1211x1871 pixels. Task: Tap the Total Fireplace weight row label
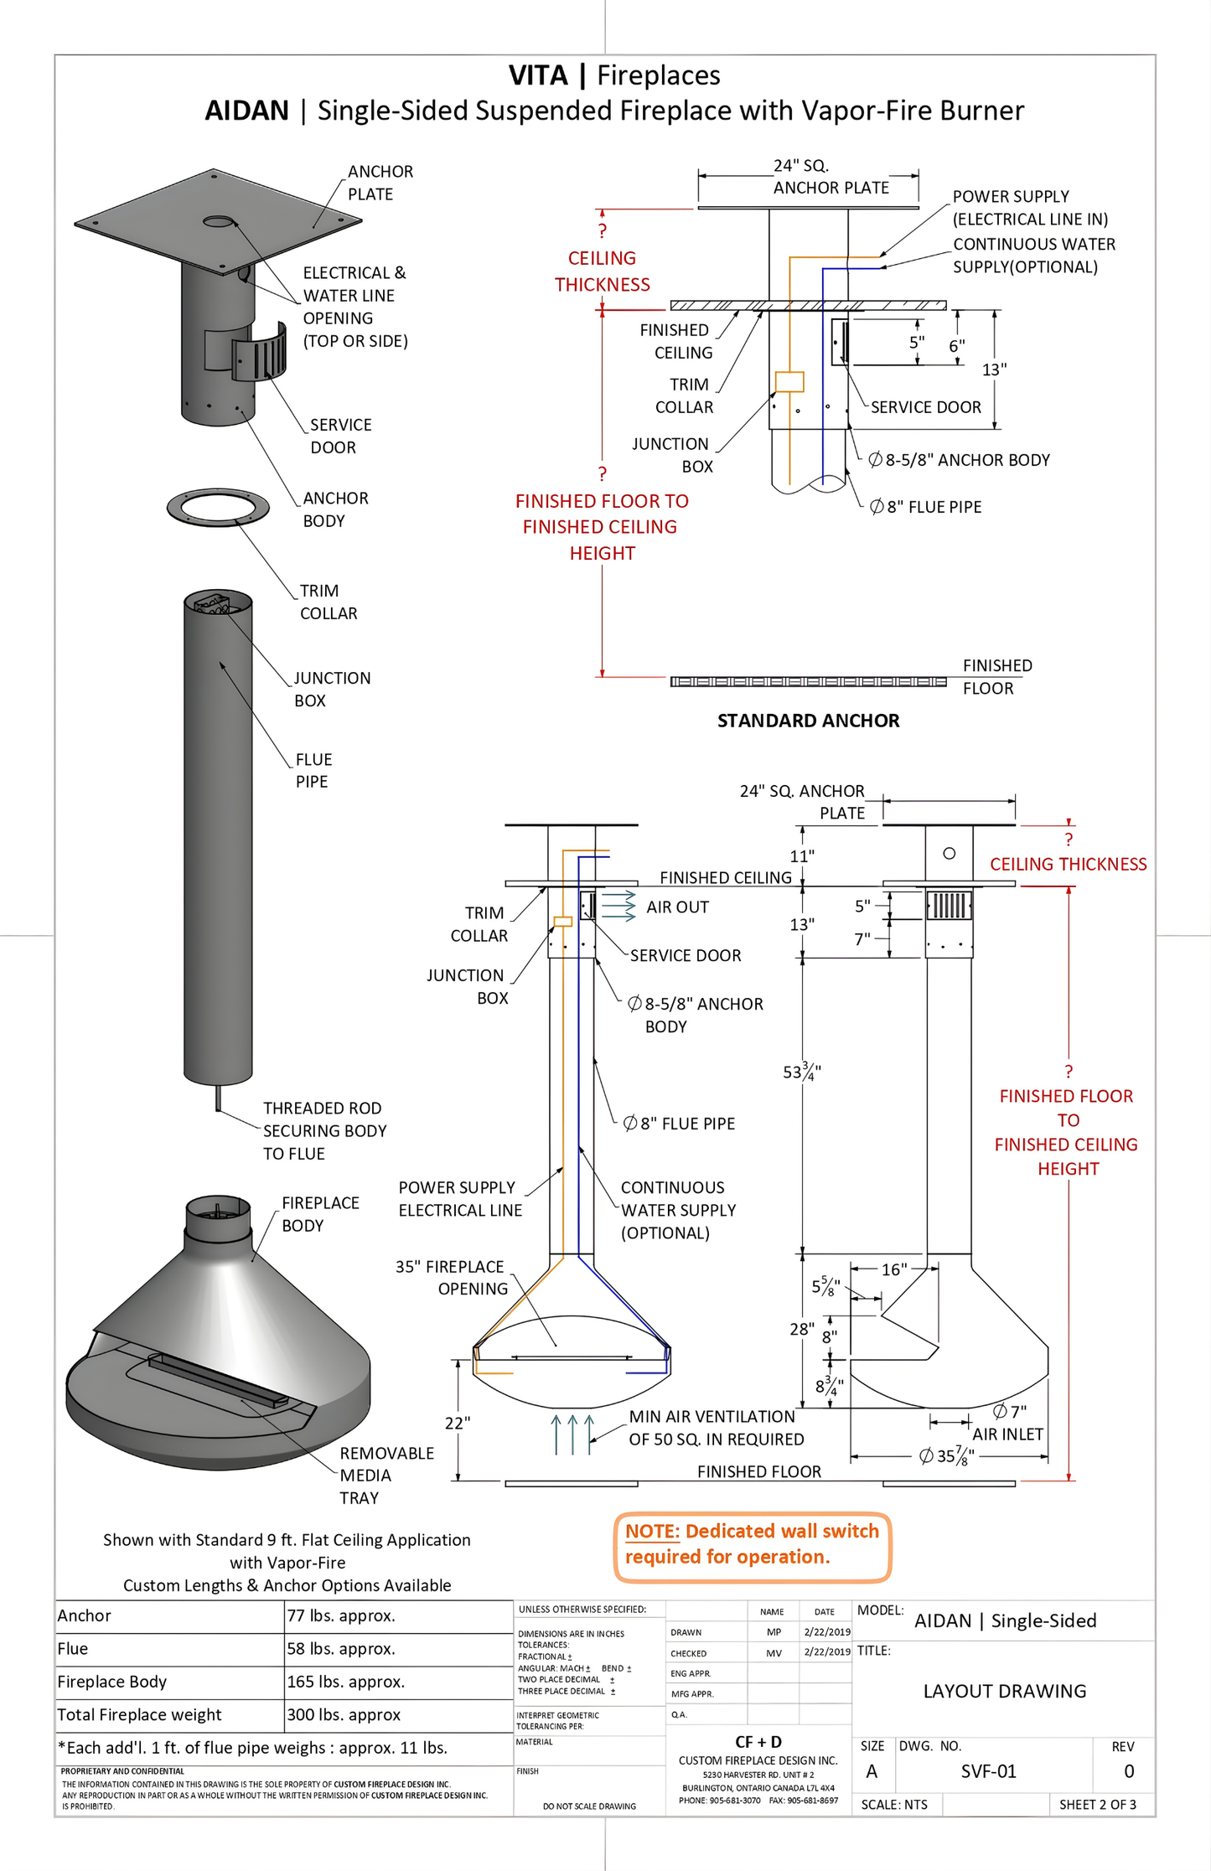point(139,1714)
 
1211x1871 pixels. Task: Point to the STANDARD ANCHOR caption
point(808,721)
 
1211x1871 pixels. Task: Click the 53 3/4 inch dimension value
point(801,1072)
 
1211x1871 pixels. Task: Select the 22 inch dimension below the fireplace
point(457,1422)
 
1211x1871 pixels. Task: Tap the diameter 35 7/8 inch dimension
point(946,1455)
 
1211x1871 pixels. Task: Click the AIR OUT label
point(677,907)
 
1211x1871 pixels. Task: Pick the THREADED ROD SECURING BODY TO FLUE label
point(324,1130)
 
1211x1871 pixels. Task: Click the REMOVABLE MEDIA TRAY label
point(386,1475)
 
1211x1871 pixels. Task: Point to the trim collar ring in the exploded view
point(218,508)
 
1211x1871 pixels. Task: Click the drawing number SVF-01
point(988,1770)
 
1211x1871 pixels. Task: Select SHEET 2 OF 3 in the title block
point(1097,1804)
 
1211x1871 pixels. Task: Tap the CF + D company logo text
point(758,1742)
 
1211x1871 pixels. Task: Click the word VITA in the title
point(538,75)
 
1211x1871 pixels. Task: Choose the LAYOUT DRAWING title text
point(1004,1691)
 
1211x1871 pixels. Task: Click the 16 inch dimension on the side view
point(893,1269)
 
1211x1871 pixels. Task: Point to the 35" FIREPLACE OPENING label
point(451,1277)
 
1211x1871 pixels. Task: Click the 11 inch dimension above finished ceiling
point(801,855)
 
